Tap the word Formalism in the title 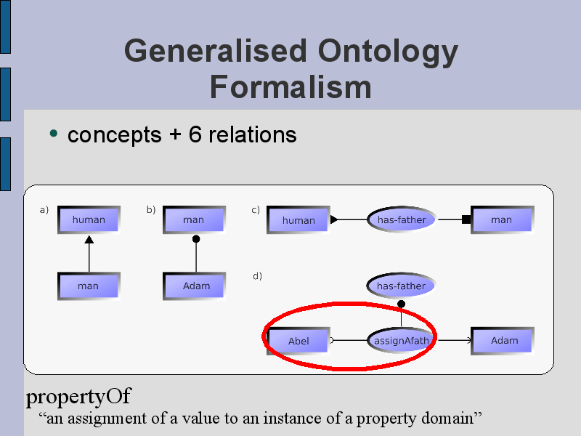pos(290,87)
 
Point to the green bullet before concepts pos(53,133)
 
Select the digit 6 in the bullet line pos(195,134)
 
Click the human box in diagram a pos(89,220)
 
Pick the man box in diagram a pos(89,286)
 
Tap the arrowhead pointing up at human pos(89,240)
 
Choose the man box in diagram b pos(194,220)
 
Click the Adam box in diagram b pos(194,286)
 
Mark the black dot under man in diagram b pos(196,239)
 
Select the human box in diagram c pos(298,220)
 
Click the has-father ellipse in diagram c pos(402,219)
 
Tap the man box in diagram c pos(503,220)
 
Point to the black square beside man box pos(466,219)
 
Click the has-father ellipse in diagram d pos(401,286)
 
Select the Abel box pos(298,341)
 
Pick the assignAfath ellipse pos(402,340)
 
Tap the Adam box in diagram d pos(503,341)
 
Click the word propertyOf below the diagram pos(78,397)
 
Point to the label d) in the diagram pos(257,276)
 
